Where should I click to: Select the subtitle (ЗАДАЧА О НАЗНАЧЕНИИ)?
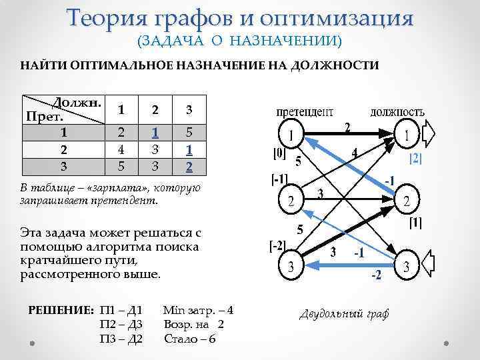click(x=239, y=41)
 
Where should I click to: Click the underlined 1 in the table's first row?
click(x=155, y=133)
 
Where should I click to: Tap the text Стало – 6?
click(x=189, y=339)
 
